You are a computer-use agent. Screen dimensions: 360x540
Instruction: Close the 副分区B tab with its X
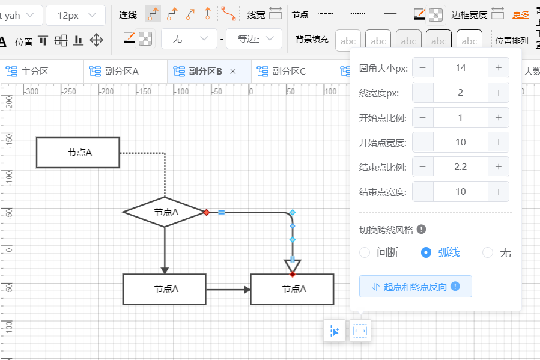[233, 72]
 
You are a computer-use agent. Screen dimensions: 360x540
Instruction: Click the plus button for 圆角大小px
[498, 68]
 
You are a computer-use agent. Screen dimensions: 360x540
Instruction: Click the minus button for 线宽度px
[423, 93]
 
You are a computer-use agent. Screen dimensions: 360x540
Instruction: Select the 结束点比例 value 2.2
[460, 167]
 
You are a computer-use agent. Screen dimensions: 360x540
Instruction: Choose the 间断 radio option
[365, 252]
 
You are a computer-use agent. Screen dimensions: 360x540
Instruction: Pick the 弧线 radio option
[426, 252]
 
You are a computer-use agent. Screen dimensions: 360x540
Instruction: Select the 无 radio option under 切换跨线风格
[488, 252]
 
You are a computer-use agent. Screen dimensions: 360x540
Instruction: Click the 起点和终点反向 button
[416, 287]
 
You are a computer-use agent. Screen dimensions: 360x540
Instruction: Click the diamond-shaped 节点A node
[164, 212]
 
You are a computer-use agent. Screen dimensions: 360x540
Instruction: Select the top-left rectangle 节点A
[78, 153]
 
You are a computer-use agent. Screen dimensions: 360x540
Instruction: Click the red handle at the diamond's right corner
[206, 212]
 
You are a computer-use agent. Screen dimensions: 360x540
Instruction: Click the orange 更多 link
[520, 14]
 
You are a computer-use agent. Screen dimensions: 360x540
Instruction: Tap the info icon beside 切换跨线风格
[422, 229]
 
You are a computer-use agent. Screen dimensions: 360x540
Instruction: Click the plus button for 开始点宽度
[498, 142]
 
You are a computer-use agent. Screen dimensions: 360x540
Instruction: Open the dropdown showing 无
[189, 39]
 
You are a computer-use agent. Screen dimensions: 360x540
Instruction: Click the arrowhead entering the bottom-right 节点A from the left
[247, 290]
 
